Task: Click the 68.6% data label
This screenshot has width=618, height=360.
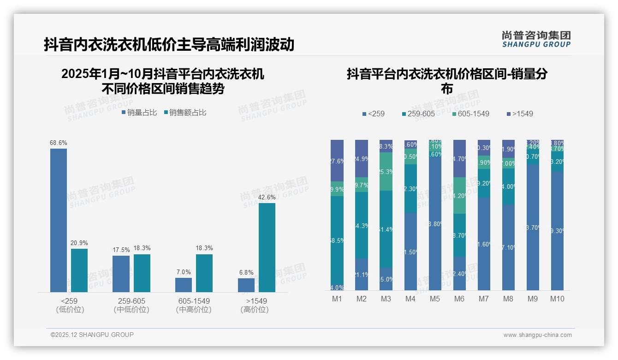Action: click(x=58, y=143)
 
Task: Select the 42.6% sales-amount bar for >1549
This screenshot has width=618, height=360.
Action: click(x=267, y=247)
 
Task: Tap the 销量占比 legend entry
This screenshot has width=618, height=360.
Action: click(x=139, y=113)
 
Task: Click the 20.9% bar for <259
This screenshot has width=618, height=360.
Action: click(x=79, y=270)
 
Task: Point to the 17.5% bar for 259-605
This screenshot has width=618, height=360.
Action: click(x=121, y=274)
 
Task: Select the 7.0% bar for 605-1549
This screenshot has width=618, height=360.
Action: click(x=184, y=285)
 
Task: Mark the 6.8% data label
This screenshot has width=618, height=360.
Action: click(x=246, y=273)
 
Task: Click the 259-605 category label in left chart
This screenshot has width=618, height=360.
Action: click(x=131, y=301)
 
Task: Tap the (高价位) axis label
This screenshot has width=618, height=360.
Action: click(x=254, y=310)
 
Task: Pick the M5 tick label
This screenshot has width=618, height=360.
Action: click(x=435, y=299)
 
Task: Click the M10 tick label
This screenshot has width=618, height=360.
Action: click(x=557, y=299)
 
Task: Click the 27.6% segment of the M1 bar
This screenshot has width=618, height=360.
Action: click(x=337, y=161)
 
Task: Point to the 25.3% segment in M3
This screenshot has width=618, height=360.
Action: click(x=386, y=172)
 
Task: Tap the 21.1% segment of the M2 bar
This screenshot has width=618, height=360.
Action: click(x=362, y=275)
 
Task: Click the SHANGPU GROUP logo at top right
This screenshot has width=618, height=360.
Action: click(x=536, y=39)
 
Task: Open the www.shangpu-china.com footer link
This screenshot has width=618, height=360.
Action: click(x=537, y=335)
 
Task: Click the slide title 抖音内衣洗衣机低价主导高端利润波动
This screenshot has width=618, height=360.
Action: click(x=169, y=45)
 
